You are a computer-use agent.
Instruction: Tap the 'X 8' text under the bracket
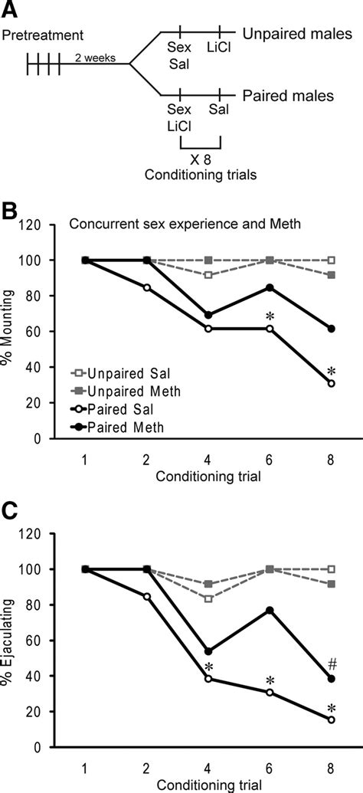201,163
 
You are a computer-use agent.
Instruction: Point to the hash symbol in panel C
332,664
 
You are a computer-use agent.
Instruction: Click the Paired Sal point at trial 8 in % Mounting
331,383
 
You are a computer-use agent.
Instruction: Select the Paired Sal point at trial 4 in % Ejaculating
208,679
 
